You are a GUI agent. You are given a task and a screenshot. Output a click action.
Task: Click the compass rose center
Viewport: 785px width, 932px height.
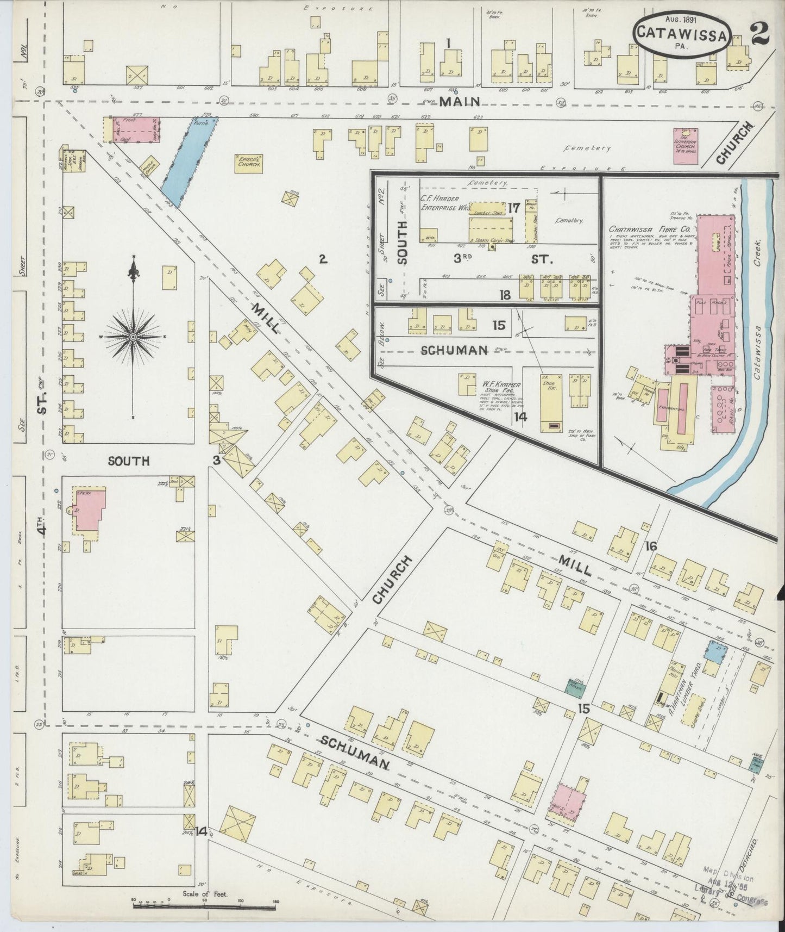132,338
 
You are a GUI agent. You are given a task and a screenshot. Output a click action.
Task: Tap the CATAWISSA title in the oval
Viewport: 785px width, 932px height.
681,34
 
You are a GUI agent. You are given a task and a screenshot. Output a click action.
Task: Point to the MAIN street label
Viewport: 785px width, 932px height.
460,102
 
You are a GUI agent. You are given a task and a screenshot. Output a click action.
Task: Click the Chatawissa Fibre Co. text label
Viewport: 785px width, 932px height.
645,229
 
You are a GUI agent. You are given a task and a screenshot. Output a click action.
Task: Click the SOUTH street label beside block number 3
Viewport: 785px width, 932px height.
129,461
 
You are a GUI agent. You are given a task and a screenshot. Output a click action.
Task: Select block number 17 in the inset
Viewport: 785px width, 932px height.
514,207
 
